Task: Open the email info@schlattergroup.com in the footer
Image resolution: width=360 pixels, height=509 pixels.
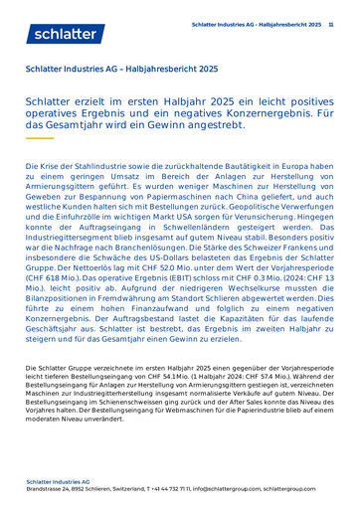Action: click(230, 490)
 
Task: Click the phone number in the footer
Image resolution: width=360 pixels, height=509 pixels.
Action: click(167, 490)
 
